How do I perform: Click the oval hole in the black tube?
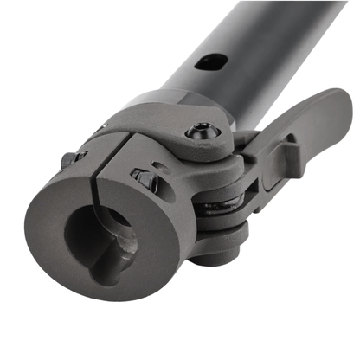211,63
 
